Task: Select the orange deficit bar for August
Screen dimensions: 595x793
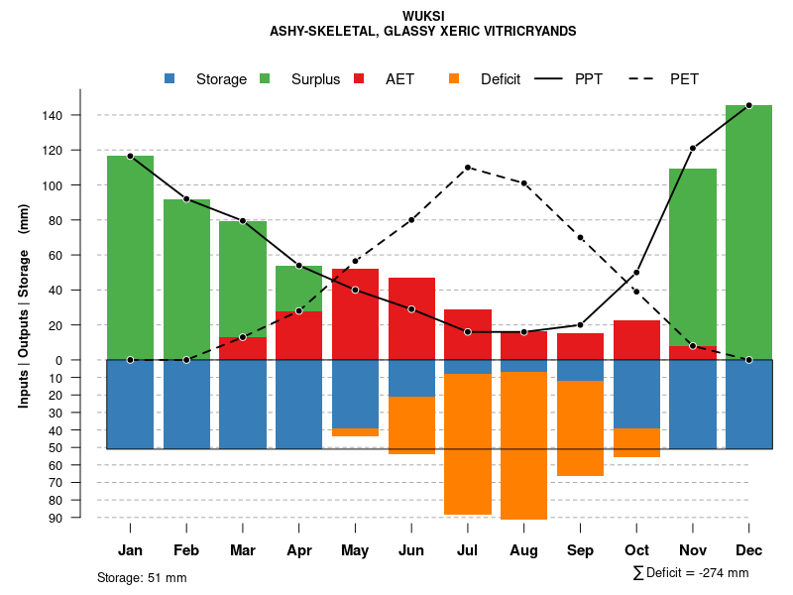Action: pyautogui.click(x=523, y=445)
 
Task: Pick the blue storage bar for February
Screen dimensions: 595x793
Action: pyautogui.click(x=186, y=404)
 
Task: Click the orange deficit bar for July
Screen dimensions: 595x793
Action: pyautogui.click(x=468, y=444)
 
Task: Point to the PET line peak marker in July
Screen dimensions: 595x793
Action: pyautogui.click(x=467, y=167)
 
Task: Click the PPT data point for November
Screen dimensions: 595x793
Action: pyautogui.click(x=693, y=148)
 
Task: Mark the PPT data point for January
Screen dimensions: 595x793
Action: pyautogui.click(x=130, y=156)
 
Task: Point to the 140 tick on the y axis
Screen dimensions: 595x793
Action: pyautogui.click(x=53, y=116)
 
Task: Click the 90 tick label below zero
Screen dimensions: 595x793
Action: pyautogui.click(x=55, y=518)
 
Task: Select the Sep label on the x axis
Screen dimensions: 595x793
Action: pyautogui.click(x=580, y=550)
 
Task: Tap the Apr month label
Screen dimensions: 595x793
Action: pyautogui.click(x=299, y=550)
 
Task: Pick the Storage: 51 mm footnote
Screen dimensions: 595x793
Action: pyautogui.click(x=142, y=577)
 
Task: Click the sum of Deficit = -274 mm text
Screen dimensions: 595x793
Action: pyautogui.click(x=690, y=573)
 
